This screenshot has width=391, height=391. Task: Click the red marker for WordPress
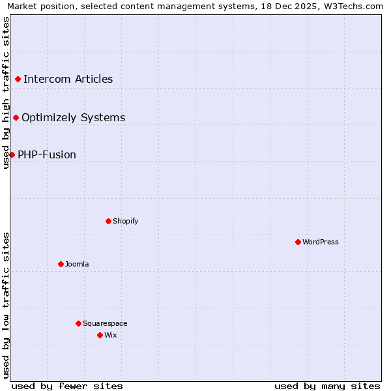click(x=298, y=242)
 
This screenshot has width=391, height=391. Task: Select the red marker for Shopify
click(x=108, y=221)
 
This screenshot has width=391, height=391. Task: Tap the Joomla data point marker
click(x=61, y=264)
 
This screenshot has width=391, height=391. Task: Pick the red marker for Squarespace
click(x=78, y=323)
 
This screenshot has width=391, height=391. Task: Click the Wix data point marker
click(x=100, y=335)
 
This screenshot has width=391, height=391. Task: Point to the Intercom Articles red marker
click(x=18, y=80)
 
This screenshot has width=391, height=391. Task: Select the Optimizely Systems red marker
click(x=16, y=118)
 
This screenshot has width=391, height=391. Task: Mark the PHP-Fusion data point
click(x=12, y=154)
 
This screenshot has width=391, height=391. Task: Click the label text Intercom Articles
click(x=68, y=80)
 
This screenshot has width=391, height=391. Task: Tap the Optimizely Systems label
click(x=73, y=118)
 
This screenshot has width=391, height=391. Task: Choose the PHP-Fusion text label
click(x=47, y=155)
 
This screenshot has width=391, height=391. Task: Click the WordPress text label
click(x=321, y=242)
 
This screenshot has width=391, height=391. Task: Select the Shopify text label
click(x=126, y=221)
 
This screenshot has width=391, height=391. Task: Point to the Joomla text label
click(x=77, y=264)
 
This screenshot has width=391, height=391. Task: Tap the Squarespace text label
click(x=105, y=323)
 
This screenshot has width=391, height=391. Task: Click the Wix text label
click(x=111, y=335)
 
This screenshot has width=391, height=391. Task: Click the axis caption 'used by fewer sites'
click(x=67, y=386)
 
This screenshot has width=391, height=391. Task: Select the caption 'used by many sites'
click(x=327, y=386)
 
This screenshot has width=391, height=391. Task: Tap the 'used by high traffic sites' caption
click(x=6, y=93)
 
